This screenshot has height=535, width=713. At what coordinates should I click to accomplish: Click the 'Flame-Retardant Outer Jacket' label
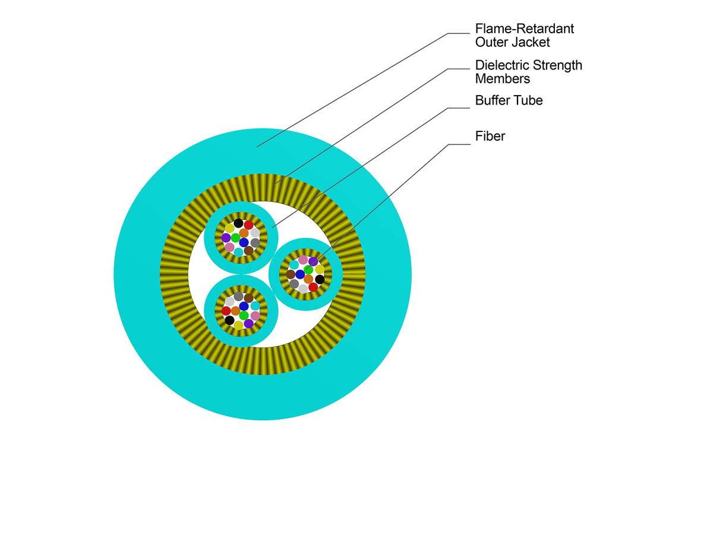pyautogui.click(x=524, y=35)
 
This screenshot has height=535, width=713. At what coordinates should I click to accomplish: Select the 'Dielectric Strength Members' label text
pyautogui.click(x=528, y=71)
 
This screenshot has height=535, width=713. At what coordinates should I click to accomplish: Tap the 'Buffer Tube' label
pyautogui.click(x=509, y=100)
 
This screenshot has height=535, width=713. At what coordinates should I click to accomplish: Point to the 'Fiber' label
pyautogui.click(x=490, y=136)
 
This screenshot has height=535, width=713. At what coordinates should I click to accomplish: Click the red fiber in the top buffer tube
pyautogui.click(x=249, y=225)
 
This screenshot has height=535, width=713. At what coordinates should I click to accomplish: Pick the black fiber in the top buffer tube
pyautogui.click(x=238, y=224)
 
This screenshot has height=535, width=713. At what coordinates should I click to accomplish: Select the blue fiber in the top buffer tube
pyautogui.click(x=244, y=243)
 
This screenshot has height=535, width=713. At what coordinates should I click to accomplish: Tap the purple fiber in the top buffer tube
pyautogui.click(x=226, y=238)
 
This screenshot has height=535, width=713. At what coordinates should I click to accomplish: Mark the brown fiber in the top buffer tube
pyautogui.click(x=249, y=251)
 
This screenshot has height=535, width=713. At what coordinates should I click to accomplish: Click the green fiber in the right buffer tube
pyautogui.click(x=308, y=270)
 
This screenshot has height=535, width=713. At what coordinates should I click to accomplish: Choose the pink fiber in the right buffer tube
pyautogui.click(x=303, y=260)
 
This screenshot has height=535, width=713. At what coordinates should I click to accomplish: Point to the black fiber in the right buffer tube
pyautogui.click(x=320, y=279)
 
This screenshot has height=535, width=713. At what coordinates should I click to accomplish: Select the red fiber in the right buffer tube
pyautogui.click(x=313, y=287)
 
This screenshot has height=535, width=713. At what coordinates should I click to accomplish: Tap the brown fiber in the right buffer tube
pyautogui.click(x=291, y=275)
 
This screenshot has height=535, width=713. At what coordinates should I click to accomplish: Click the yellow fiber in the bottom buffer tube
pyautogui.click(x=238, y=325)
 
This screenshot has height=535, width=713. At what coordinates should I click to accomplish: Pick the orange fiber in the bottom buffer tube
pyautogui.click(x=235, y=311)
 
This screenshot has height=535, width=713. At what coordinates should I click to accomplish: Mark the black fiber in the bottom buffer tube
pyautogui.click(x=229, y=320)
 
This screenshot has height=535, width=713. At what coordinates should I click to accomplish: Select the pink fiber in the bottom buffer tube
pyautogui.click(x=255, y=316)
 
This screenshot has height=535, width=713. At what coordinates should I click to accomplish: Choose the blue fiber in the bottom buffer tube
pyautogui.click(x=244, y=306)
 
